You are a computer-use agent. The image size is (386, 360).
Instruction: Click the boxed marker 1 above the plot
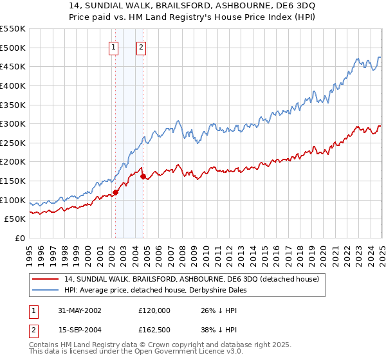pos(113,46)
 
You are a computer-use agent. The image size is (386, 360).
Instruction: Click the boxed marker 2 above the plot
pos(140,46)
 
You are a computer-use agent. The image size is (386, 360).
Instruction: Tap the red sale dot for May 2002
pos(116,192)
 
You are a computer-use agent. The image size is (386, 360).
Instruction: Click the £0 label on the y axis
pos(20,238)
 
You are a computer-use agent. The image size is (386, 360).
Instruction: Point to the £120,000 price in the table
pos(154,310)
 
